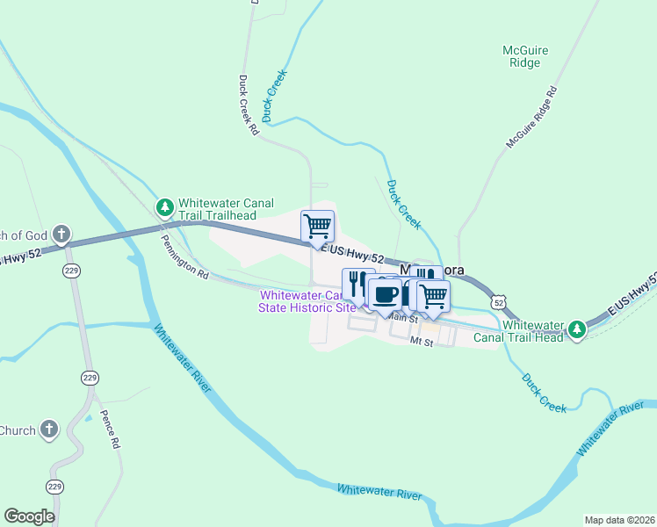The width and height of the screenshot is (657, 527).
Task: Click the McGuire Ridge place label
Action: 525,56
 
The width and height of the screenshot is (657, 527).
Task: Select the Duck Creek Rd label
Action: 249,105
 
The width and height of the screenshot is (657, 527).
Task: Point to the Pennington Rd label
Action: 184,256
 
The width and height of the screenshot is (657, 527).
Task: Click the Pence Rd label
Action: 109,430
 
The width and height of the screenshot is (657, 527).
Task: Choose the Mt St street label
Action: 422,343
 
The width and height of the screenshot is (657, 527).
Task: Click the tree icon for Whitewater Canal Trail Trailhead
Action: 164,208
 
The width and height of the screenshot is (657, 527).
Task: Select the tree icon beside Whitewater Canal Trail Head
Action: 576,329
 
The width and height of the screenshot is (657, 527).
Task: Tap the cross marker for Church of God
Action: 61,234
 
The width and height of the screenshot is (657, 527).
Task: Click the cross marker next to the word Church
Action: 50,430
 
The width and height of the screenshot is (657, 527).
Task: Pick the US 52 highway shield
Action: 499,302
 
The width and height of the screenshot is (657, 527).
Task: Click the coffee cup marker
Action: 384,294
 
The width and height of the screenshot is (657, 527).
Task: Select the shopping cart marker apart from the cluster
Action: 317,225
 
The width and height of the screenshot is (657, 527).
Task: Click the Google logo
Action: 29,516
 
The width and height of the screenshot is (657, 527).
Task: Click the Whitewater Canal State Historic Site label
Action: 307,301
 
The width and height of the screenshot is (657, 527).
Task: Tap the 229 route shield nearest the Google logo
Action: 55,487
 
